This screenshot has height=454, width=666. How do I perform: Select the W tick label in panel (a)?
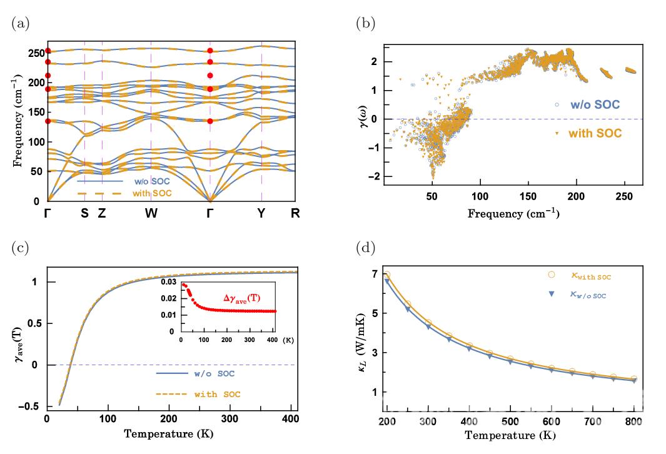[151, 213]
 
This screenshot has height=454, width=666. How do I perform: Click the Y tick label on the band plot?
[261, 213]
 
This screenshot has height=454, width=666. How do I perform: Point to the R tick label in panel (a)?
[295, 213]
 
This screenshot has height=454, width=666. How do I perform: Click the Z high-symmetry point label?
[101, 213]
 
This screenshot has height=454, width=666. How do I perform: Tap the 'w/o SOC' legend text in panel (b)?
[593, 104]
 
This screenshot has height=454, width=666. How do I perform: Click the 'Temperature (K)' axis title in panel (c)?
[170, 433]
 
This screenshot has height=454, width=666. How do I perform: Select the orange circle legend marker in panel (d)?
[551, 274]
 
